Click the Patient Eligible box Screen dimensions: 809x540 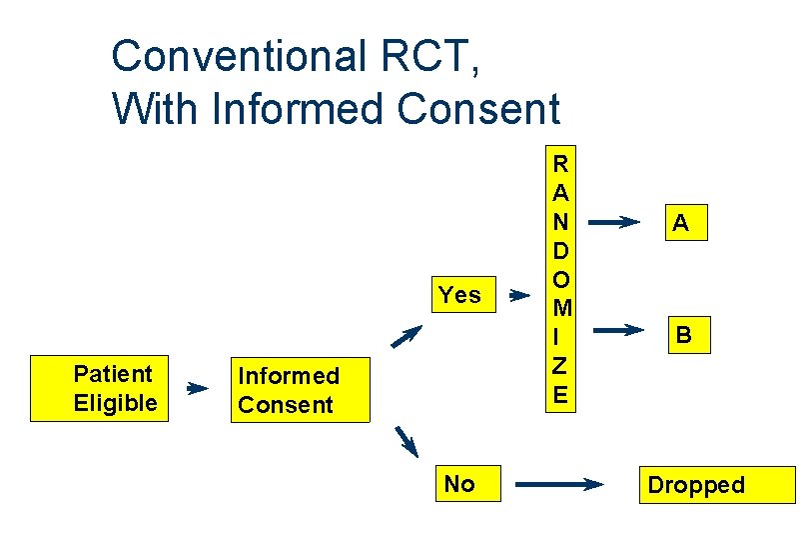click(100, 389)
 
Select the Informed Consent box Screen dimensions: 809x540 click(301, 390)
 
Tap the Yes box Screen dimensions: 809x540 click(463, 295)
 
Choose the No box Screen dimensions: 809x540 click(468, 484)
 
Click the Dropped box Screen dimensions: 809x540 click(717, 485)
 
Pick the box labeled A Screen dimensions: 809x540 click(686, 223)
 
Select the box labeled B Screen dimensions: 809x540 click(689, 335)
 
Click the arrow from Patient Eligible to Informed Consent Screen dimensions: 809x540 click(198, 388)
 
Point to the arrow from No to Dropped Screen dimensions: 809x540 click(559, 484)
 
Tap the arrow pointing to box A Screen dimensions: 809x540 click(614, 222)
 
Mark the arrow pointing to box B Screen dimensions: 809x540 click(618, 330)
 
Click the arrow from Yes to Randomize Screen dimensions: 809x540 click(519, 296)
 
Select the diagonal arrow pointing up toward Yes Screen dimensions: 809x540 click(406, 336)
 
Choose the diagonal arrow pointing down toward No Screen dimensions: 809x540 click(406, 441)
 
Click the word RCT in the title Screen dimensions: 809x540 click(430, 56)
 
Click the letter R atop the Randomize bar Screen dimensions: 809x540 click(560, 164)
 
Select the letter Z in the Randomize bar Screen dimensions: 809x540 click(560, 366)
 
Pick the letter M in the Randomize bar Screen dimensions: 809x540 click(562, 308)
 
